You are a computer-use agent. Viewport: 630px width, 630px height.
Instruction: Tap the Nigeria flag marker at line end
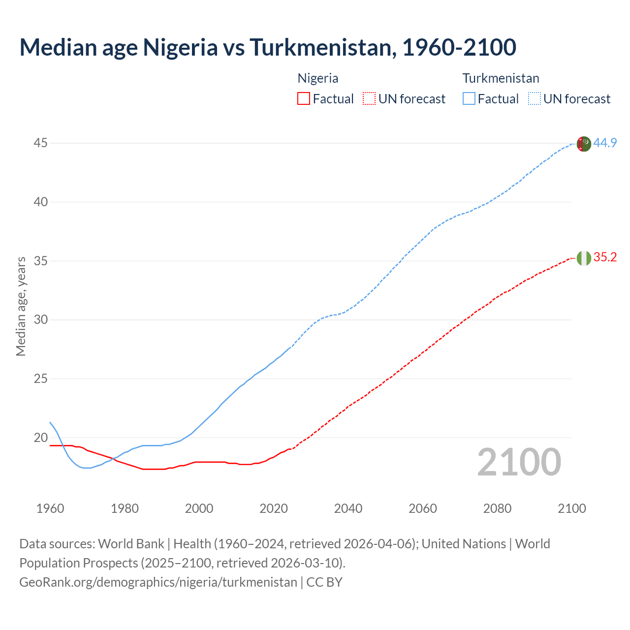click(x=584, y=258)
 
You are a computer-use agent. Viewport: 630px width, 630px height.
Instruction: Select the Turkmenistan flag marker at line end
click(x=584, y=144)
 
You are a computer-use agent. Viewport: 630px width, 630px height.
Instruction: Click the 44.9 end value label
click(x=605, y=143)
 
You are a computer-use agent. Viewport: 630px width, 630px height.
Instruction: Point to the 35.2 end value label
click(x=605, y=257)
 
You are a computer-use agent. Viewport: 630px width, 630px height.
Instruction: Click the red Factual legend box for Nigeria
click(x=304, y=99)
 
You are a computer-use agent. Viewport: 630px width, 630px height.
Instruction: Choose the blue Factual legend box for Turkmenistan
click(x=469, y=99)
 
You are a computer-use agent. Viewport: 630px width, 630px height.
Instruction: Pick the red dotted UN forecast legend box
click(x=369, y=99)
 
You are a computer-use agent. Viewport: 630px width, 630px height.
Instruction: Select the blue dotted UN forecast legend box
click(x=535, y=99)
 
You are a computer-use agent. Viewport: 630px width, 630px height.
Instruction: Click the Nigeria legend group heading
click(x=318, y=78)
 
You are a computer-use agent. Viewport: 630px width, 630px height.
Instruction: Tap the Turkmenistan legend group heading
click(x=501, y=78)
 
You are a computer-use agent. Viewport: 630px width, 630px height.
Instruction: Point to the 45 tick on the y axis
click(x=41, y=143)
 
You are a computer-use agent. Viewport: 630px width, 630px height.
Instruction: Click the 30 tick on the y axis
click(x=41, y=320)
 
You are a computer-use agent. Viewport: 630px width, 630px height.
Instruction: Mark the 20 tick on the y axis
click(x=41, y=438)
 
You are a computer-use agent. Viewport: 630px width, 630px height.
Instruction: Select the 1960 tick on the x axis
click(x=50, y=508)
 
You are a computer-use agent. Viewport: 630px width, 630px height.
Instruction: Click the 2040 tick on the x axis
click(x=348, y=508)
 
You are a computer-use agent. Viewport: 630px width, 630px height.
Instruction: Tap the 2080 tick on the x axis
click(x=497, y=508)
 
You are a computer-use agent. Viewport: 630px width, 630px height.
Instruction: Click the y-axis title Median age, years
click(x=21, y=306)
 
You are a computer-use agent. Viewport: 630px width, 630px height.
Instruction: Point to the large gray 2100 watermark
click(x=519, y=462)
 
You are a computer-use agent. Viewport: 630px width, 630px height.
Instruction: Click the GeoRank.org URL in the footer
click(x=158, y=582)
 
